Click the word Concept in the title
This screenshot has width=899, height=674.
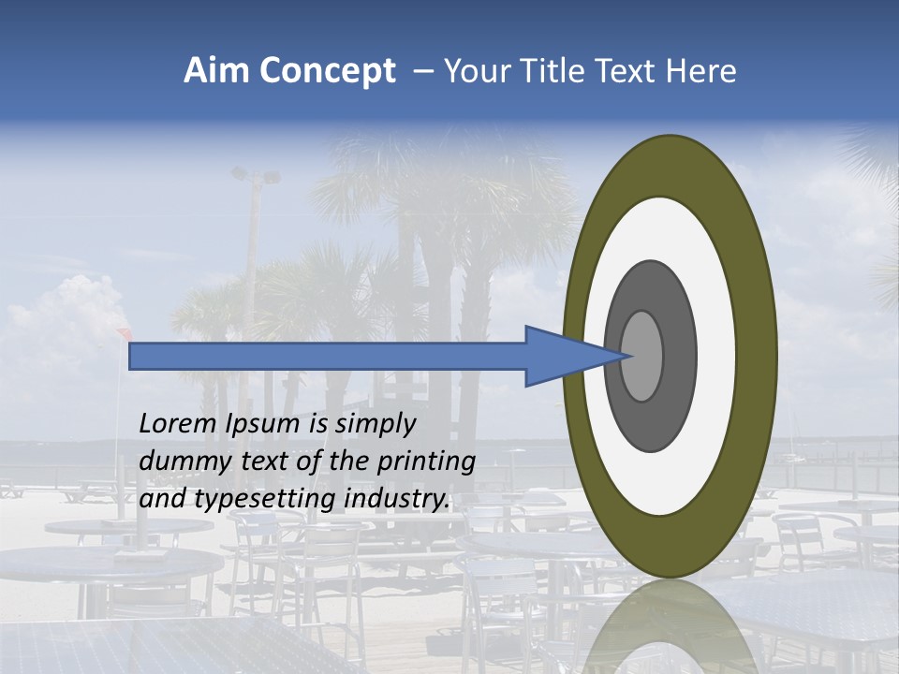pos(327,71)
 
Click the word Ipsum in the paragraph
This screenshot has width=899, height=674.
pos(263,424)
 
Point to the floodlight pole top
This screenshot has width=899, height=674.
pos(255,175)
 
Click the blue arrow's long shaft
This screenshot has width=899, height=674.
pos(328,356)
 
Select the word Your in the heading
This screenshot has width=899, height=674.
pos(475,71)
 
